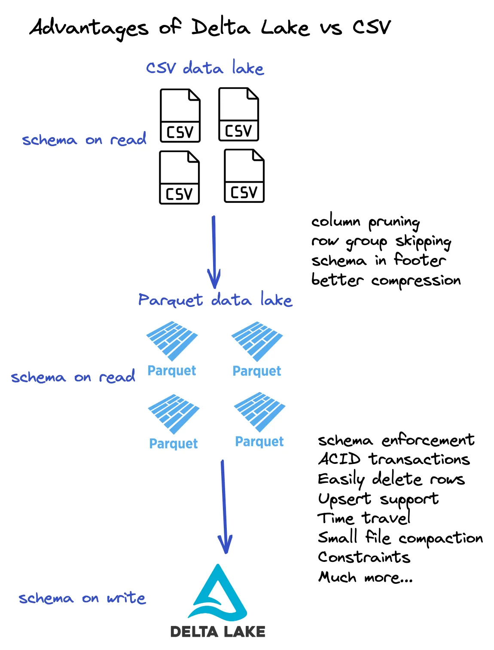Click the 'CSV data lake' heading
[205, 68]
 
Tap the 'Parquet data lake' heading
[215, 300]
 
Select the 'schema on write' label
[82, 598]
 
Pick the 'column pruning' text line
[365, 222]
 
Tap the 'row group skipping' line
[381, 242]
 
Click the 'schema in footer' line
[378, 261]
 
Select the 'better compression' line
[386, 280]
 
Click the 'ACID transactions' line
[393, 459]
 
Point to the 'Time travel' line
[364, 518]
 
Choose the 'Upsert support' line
[378, 499]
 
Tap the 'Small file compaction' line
[400, 538]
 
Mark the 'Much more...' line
[365, 577]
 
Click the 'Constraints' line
[364, 557]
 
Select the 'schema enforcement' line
[396, 440]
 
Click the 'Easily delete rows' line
[391, 479]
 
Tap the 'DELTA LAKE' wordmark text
[218, 632]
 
